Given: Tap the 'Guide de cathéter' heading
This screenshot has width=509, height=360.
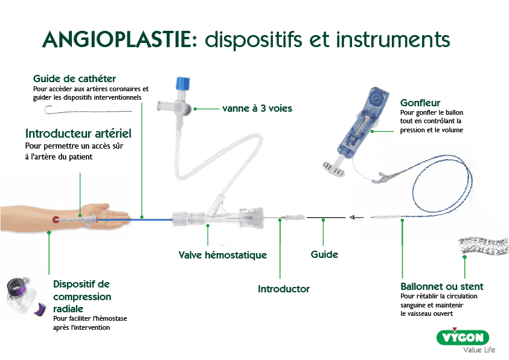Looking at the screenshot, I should [75, 79].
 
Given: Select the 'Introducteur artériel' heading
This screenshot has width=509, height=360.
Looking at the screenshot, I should [78, 133].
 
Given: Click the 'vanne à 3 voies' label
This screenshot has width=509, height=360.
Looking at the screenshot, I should [257, 109].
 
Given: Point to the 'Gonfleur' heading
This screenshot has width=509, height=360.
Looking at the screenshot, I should [420, 103].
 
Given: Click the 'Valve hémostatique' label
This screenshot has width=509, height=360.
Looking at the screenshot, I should [223, 255].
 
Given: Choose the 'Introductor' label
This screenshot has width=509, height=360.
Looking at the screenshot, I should [284, 289].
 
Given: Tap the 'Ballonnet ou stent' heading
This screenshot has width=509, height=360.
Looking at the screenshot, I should [442, 286].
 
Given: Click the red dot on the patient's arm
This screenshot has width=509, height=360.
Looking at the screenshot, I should [56, 220].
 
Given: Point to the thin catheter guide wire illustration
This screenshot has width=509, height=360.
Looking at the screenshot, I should [88, 111].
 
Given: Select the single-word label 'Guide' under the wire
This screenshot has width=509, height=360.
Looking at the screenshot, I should [324, 255].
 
